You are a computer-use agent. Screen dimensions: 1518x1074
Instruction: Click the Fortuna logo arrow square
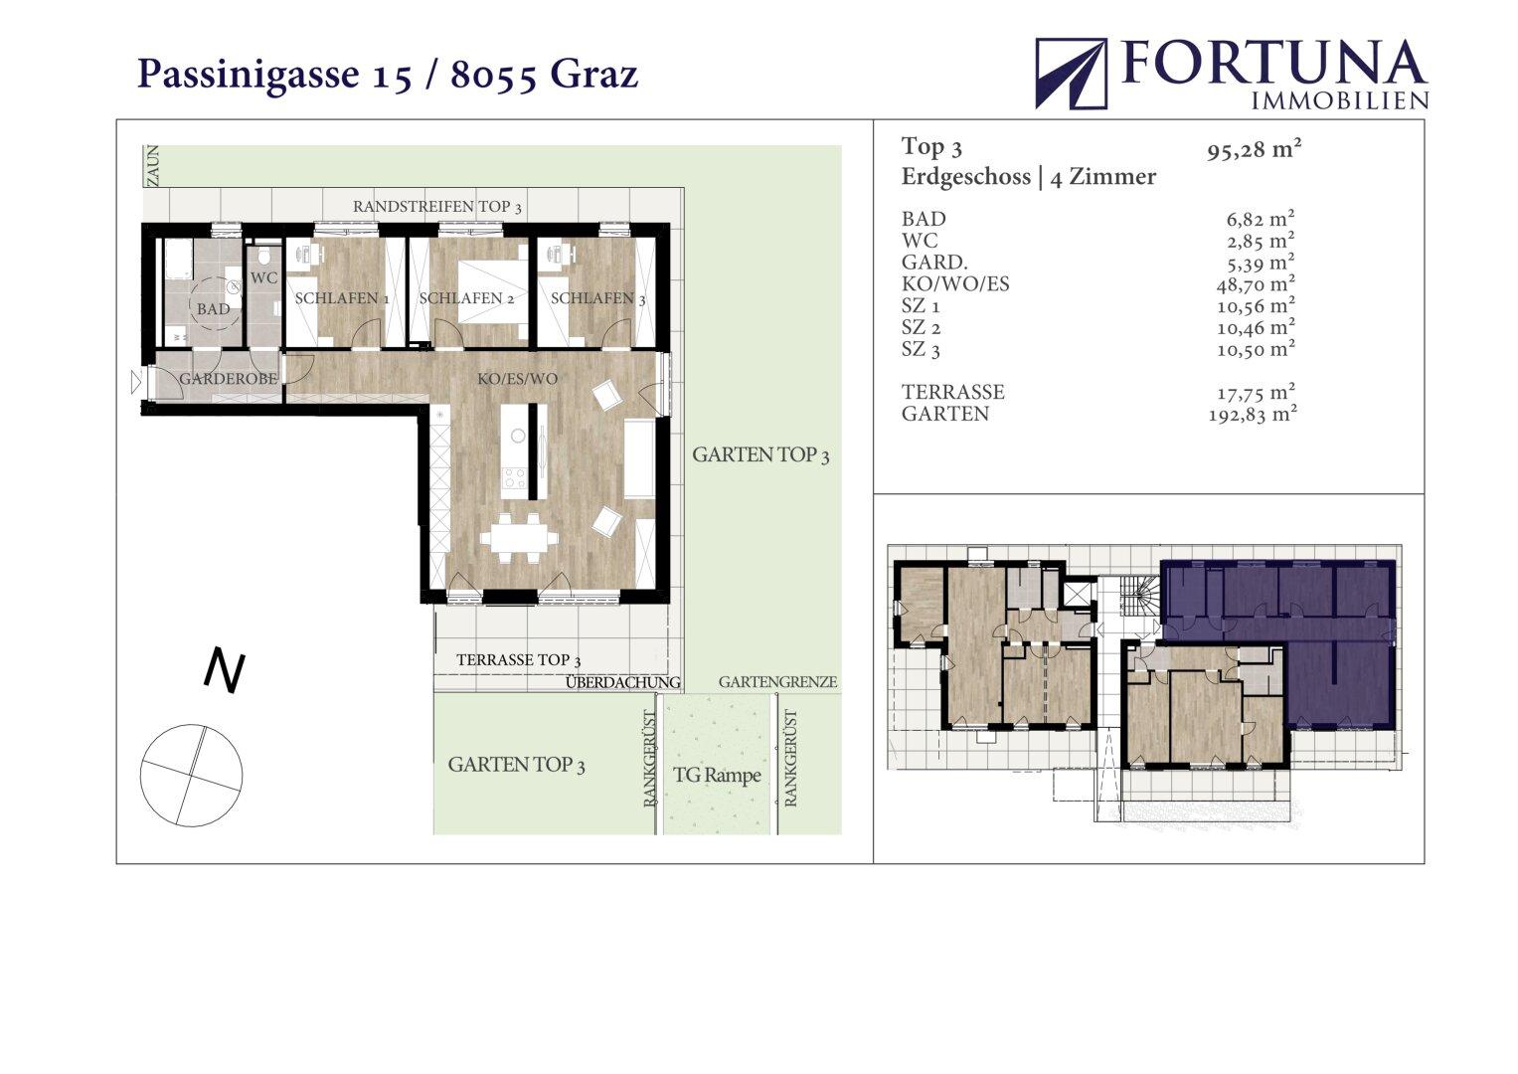(1071, 74)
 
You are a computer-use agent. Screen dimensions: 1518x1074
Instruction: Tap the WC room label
(263, 278)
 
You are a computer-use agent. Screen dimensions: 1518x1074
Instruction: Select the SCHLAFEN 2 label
(466, 298)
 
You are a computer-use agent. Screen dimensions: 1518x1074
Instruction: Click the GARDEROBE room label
(229, 378)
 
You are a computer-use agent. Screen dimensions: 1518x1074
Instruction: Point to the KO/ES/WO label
(518, 378)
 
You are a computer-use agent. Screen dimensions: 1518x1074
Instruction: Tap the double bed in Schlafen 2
(491, 292)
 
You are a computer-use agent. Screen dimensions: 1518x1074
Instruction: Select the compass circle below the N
(191, 775)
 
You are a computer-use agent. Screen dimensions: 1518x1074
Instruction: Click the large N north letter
(225, 672)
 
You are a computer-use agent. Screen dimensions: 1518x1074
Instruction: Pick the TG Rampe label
(717, 775)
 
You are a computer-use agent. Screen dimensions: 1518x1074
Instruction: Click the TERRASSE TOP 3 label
(518, 659)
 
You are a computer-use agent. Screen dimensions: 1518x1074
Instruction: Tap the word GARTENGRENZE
(778, 682)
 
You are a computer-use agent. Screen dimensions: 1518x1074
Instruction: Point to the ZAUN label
(154, 165)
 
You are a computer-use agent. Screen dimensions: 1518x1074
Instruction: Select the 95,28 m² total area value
(1254, 149)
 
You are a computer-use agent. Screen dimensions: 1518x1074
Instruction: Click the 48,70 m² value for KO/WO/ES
(1256, 283)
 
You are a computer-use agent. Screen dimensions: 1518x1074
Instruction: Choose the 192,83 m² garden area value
(1253, 414)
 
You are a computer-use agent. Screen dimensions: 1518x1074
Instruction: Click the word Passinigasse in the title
(249, 74)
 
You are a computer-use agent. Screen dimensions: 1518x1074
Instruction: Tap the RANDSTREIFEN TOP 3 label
(437, 207)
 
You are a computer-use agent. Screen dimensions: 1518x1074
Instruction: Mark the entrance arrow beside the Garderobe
(136, 382)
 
